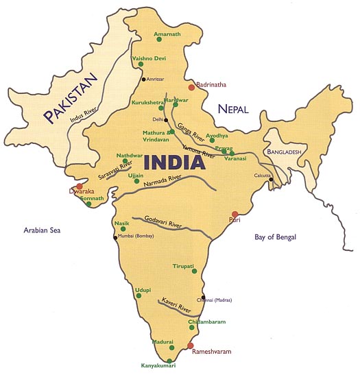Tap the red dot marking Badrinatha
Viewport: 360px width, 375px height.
[191, 88]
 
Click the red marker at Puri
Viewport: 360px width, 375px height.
[235, 214]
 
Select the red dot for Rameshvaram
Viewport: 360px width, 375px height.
[191, 346]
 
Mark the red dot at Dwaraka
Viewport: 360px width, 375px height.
[80, 186]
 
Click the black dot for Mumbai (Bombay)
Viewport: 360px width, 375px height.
[115, 237]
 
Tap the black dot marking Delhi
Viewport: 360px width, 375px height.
[166, 119]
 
